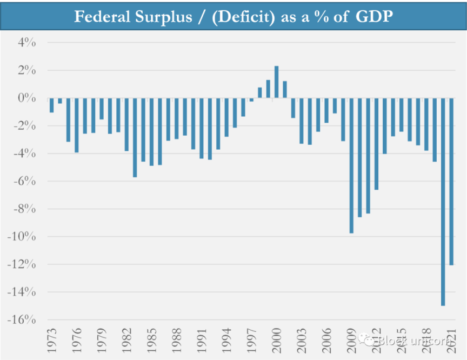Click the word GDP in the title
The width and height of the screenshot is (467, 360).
click(375, 17)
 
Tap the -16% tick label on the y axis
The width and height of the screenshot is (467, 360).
click(22, 319)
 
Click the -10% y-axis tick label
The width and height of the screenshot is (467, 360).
click(22, 237)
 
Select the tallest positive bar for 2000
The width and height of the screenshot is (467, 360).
click(276, 82)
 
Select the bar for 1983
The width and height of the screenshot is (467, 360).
click(135, 137)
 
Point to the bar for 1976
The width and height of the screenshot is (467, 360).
click(77, 125)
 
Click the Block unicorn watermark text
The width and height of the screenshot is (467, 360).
click(411, 341)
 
